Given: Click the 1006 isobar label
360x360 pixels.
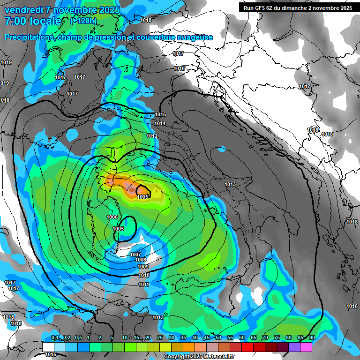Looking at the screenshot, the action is [112, 217].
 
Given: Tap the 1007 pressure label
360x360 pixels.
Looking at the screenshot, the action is [135, 255].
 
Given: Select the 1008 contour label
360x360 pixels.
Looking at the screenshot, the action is [141, 260].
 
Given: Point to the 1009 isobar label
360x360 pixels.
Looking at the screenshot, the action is [143, 267].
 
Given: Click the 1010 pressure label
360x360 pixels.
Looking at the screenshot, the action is [144, 275].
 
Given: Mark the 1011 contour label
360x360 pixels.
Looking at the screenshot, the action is [144, 285].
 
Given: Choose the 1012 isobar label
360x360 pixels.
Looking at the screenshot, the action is [152, 136].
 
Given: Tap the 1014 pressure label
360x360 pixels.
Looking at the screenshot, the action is [160, 123].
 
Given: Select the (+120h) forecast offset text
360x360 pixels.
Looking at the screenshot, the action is [83, 21].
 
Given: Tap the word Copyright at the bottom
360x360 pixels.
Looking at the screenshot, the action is [177, 357].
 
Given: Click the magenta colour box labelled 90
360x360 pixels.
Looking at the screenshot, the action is [306, 347].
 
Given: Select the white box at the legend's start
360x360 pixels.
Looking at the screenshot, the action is [48, 347].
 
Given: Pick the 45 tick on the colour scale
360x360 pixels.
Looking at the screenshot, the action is [207, 338].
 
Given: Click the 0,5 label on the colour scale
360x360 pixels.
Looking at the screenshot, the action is [78, 338].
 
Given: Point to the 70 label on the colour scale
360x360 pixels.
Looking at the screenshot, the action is [265, 338].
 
